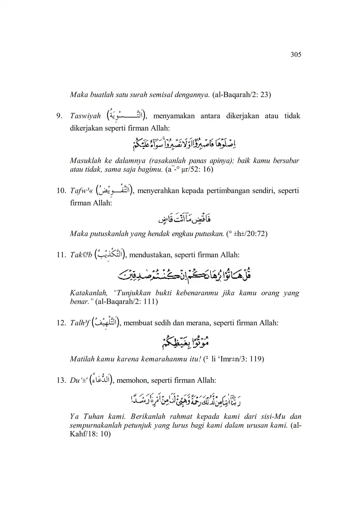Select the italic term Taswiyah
click(85, 116)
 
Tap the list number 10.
click(61, 191)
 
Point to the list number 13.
click(61, 380)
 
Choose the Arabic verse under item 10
click(185, 218)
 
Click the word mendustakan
click(150, 255)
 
